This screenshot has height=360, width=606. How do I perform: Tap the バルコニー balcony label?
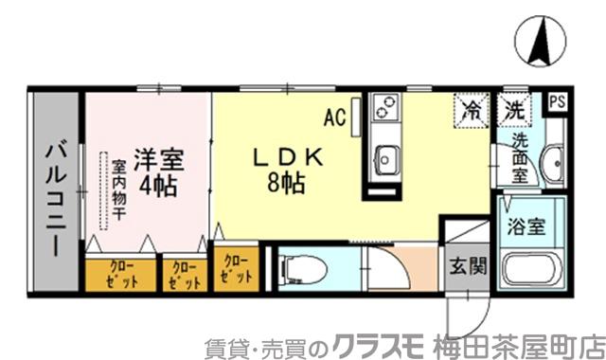point(55,193)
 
